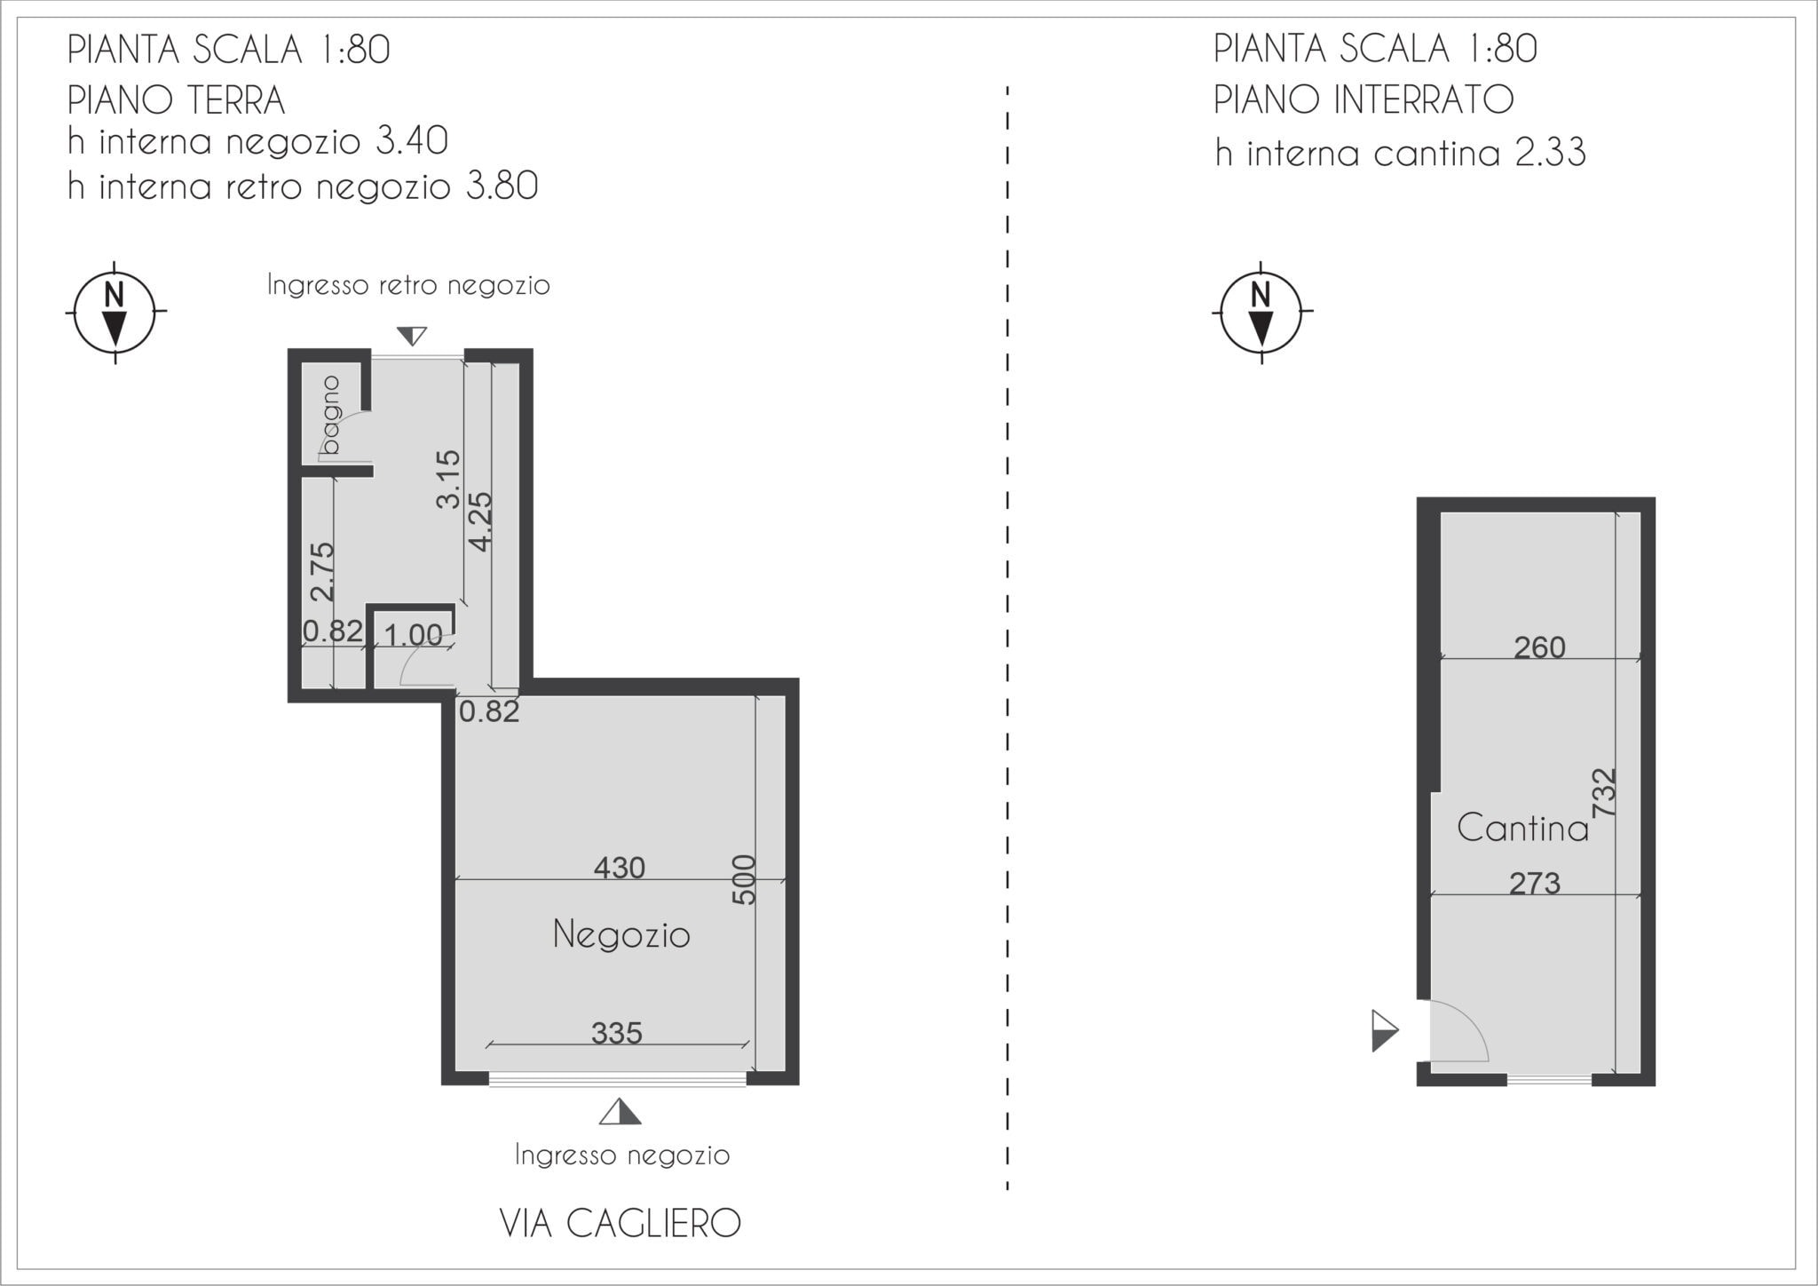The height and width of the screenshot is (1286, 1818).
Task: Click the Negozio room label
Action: (621, 935)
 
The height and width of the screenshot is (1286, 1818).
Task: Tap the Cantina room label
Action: (1522, 829)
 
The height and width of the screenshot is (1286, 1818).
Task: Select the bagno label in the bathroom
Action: (331, 415)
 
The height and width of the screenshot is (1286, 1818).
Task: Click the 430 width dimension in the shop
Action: (619, 867)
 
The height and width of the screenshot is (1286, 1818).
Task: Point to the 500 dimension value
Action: (745, 879)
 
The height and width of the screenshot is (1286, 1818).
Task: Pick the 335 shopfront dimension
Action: (617, 1032)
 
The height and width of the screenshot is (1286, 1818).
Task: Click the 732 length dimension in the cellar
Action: (1604, 793)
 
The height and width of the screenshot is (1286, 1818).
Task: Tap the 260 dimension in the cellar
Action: (1539, 647)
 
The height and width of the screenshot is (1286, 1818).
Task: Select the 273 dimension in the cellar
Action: (1535, 883)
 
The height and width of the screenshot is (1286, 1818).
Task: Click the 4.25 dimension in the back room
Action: (479, 521)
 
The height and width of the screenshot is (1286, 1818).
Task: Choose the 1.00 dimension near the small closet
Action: (413, 635)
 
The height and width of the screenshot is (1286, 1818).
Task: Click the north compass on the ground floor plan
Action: (115, 312)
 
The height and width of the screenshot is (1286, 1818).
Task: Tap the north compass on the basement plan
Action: (1261, 312)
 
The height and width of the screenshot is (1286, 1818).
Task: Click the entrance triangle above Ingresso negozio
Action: (620, 1112)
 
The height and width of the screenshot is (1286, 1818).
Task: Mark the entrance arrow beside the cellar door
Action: (1385, 1031)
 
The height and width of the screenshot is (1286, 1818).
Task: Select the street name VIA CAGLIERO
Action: (620, 1223)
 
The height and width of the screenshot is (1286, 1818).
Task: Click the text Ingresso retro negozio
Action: (408, 285)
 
